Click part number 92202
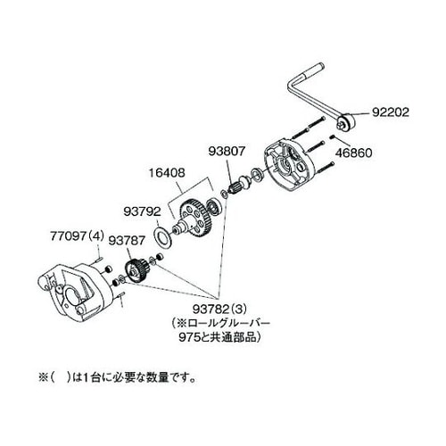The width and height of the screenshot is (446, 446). pos(391,112)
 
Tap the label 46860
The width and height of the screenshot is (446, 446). pos(353,153)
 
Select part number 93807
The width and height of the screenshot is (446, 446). pos(227,152)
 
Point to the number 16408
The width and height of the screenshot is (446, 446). pos(167,173)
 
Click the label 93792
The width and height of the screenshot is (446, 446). pos(142,211)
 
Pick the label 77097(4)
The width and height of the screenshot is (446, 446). pos(78,236)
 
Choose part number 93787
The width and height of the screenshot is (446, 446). pos(127,240)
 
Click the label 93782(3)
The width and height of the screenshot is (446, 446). pos(219,310)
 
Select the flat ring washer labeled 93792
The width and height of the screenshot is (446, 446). pos(162,237)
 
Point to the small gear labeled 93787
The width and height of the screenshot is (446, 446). pos(136,269)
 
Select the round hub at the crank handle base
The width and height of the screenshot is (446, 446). pos(346,121)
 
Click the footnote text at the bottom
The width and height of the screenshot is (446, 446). pos(118,377)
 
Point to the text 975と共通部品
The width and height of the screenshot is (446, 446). pos(219,337)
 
